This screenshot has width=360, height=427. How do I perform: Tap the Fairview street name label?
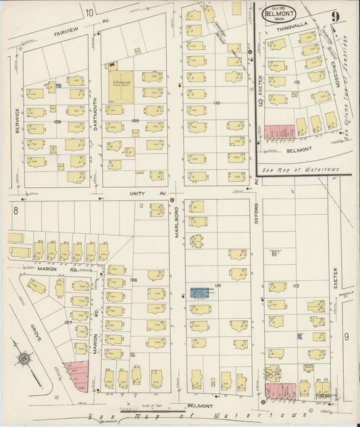coord(68,30)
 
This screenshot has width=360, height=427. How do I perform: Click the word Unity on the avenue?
coord(137,193)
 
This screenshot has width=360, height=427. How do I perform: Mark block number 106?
coord(133,280)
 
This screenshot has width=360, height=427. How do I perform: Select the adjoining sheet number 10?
coord(90,9)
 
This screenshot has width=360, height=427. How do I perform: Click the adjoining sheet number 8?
coord(14,211)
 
